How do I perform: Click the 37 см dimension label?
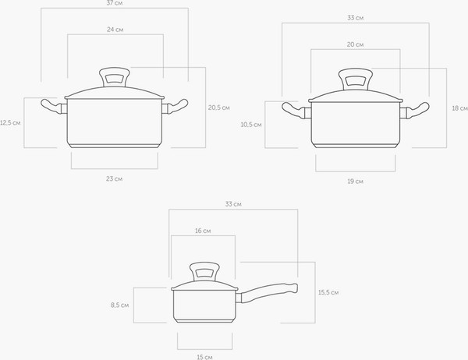tap(115, 3)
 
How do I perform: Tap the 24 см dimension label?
tap(115, 30)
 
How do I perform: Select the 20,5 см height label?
tap(219, 108)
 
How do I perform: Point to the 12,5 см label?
tap(10, 122)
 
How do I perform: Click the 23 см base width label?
tap(115, 178)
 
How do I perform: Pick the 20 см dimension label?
tap(355, 44)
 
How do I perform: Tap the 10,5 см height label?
tap(251, 125)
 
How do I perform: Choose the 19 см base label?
tap(355, 182)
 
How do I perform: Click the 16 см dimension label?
tap(203, 231)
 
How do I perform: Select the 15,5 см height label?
tap(328, 292)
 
